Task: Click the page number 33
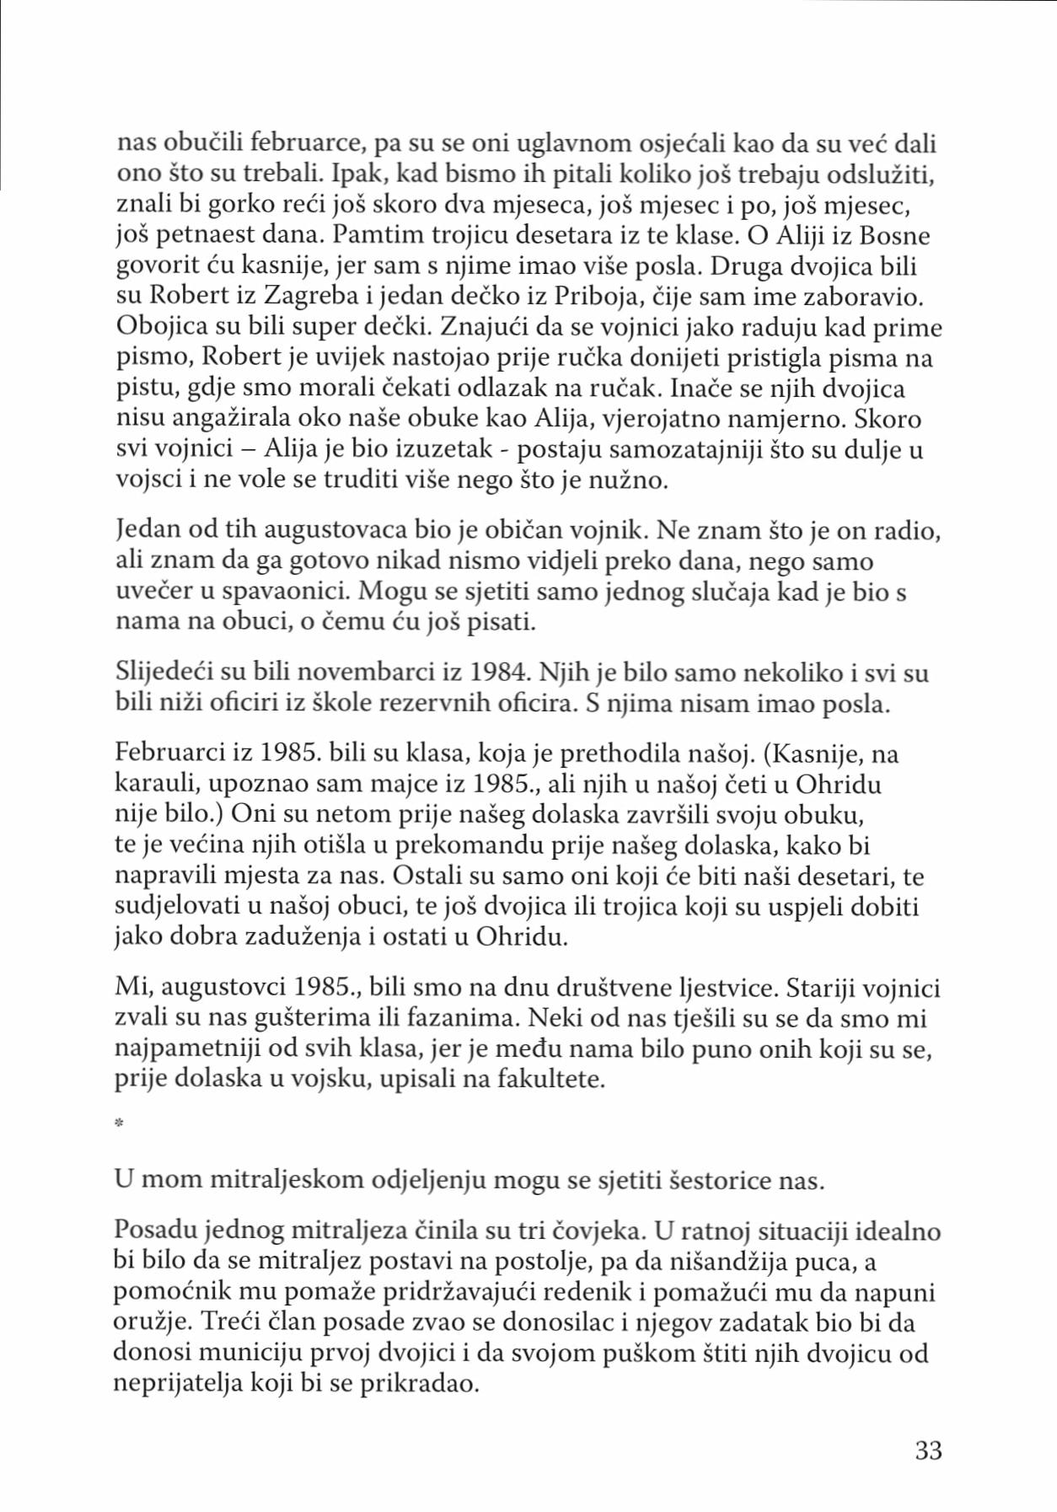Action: pyautogui.click(x=927, y=1450)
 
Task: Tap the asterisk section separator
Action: pyautogui.click(x=119, y=1123)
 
